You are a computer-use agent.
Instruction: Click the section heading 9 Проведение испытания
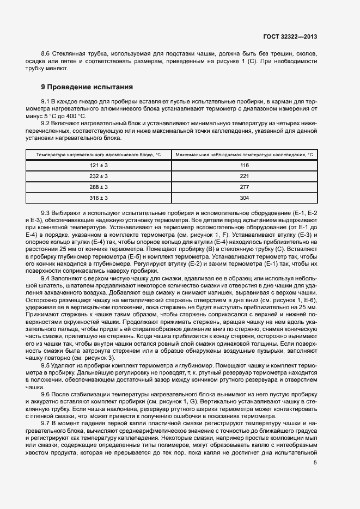[x=87, y=87]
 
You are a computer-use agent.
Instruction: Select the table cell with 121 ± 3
[x=99, y=165]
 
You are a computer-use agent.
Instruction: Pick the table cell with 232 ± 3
[x=99, y=176]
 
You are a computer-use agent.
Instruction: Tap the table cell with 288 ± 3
[x=99, y=187]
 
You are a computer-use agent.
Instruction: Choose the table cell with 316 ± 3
[x=99, y=198]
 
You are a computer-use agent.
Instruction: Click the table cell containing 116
[x=244, y=165]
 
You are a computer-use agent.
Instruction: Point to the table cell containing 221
[x=244, y=176]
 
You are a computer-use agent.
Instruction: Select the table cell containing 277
[x=244, y=187]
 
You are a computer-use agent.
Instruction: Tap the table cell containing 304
[x=244, y=198]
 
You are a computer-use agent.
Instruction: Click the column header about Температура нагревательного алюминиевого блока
[x=99, y=155]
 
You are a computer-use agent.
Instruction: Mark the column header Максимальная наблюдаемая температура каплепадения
[x=244, y=155]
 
